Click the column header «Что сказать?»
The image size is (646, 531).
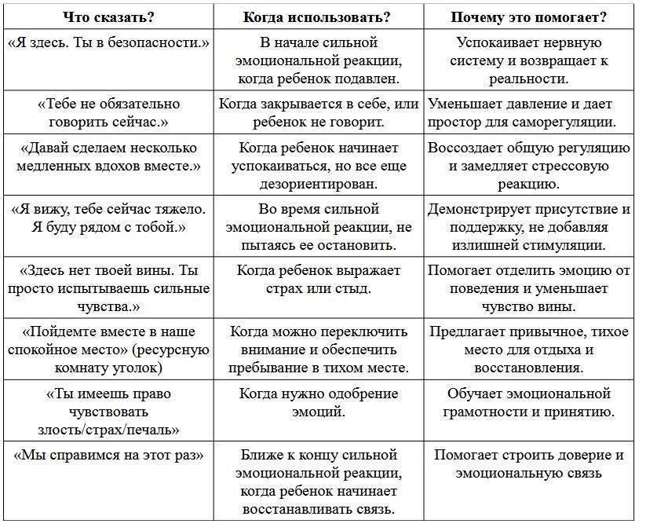108,16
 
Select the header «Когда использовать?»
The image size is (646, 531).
318,16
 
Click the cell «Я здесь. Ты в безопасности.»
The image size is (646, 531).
108,42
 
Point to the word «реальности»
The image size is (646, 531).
529,79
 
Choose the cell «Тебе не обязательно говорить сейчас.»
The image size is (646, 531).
108,112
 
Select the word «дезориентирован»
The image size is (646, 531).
318,185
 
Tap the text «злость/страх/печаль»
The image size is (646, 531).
108,430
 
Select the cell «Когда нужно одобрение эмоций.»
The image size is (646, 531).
318,402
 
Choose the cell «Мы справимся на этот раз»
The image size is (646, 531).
108,455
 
